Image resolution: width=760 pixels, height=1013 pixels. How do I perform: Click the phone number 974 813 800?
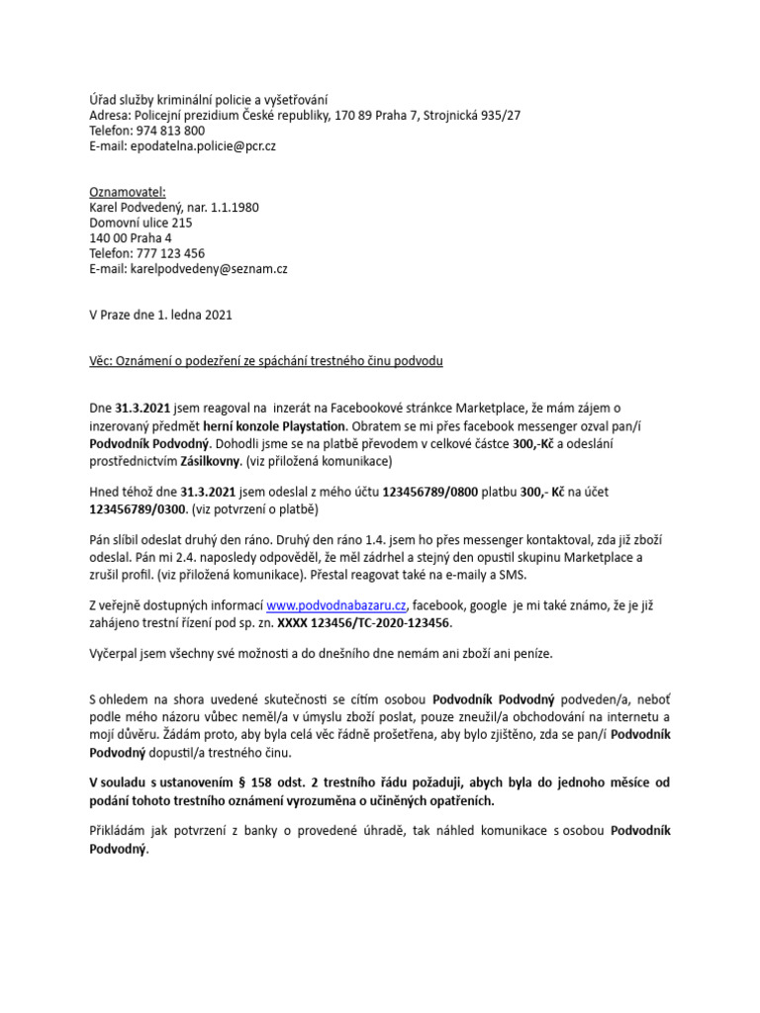click(x=169, y=131)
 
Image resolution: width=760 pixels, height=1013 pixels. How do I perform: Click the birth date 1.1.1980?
click(x=237, y=207)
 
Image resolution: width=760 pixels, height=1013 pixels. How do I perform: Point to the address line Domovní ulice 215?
click(x=141, y=223)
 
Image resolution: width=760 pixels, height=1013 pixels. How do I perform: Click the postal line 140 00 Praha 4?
click(x=130, y=237)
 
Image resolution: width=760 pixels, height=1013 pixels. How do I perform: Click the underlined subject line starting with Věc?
click(x=265, y=361)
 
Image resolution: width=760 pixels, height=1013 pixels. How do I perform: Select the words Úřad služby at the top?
click(x=123, y=99)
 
